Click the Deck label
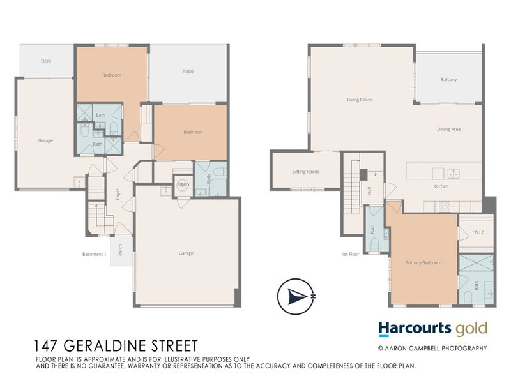[x=46, y=61]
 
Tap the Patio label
[x=188, y=71]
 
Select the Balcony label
[x=449, y=79]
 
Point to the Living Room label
[x=359, y=100]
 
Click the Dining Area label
[x=449, y=130]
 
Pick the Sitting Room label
[x=306, y=172]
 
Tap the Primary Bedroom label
[x=423, y=262]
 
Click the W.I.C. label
[x=480, y=232]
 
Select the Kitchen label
[x=441, y=186]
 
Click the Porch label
[x=120, y=250]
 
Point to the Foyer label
[x=118, y=194]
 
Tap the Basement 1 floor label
[x=94, y=254]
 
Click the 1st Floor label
[x=350, y=254]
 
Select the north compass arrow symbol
[x=296, y=296]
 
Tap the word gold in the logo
[x=471, y=329]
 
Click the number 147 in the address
[x=47, y=346]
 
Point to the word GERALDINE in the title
[x=106, y=346]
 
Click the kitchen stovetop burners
[x=445, y=206]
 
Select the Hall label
[x=369, y=191]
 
